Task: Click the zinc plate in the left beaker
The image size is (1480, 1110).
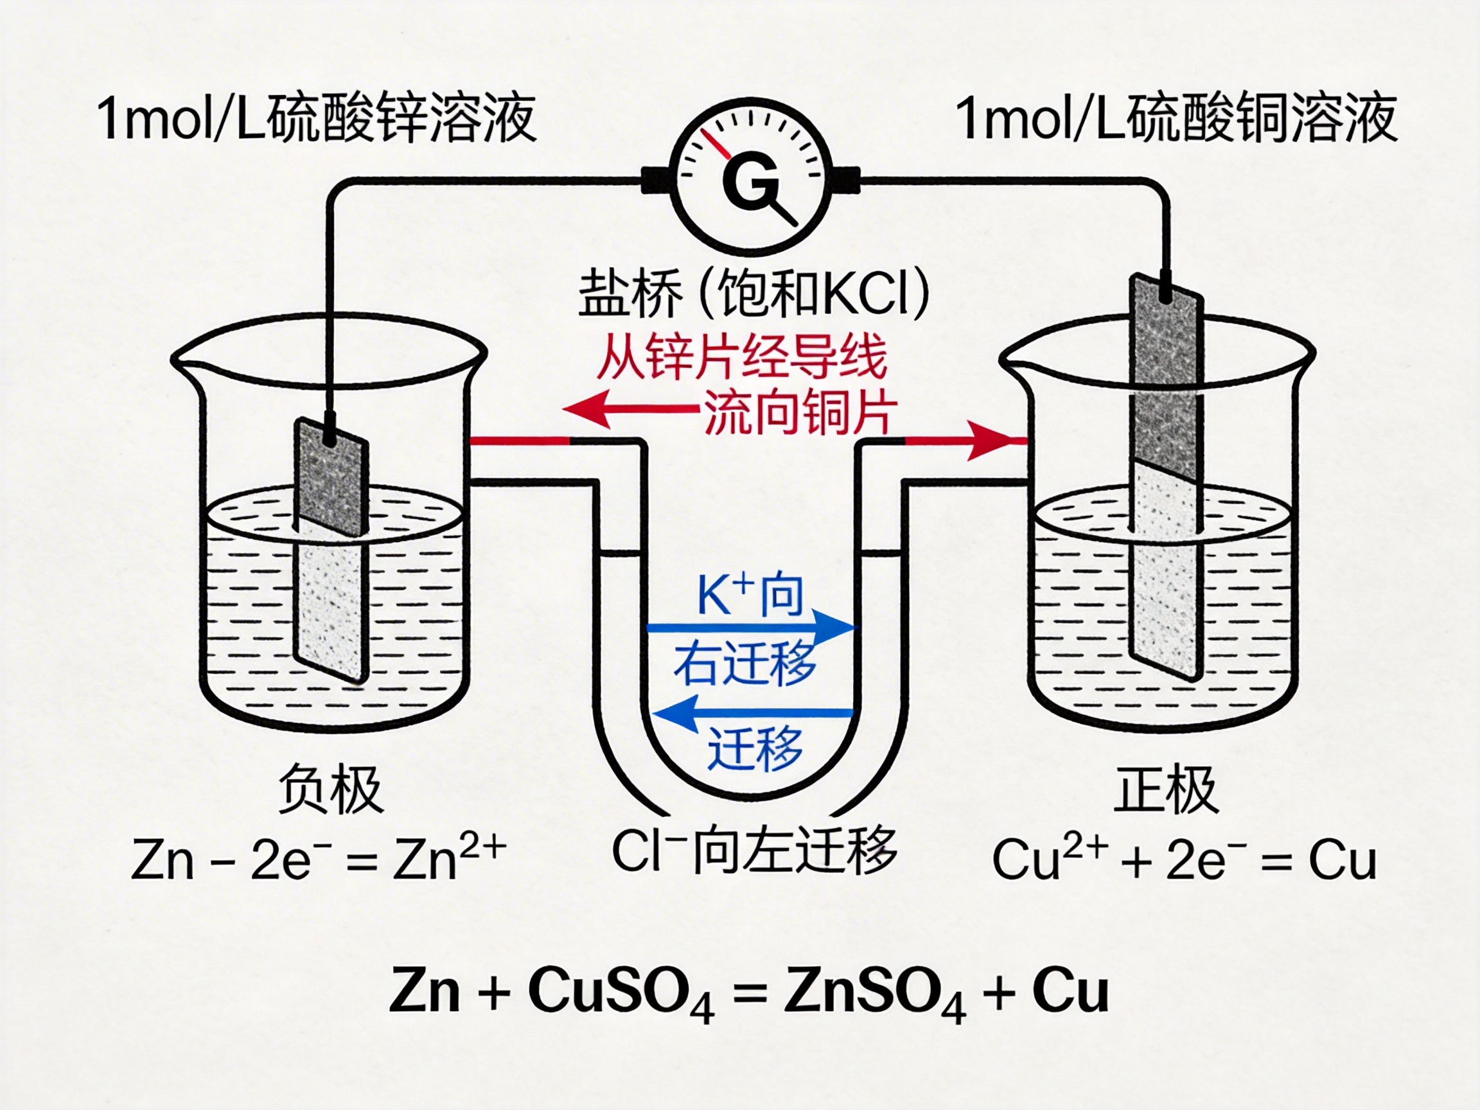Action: point(331,549)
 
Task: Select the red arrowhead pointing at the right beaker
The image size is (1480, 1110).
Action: point(991,441)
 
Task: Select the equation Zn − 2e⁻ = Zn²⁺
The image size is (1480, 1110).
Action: point(319,859)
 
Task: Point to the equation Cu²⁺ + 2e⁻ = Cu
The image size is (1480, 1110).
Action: point(1185,859)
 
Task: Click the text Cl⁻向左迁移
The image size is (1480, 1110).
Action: point(754,852)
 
